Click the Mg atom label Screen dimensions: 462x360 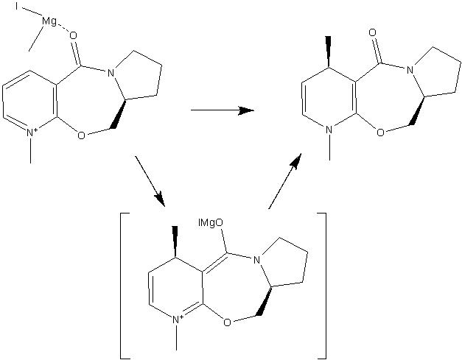coord(49,22)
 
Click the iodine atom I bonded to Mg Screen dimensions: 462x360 coord(17,7)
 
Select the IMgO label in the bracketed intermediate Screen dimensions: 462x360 coord(211,223)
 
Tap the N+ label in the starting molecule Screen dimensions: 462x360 coord(32,133)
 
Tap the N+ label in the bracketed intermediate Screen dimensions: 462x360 coord(178,319)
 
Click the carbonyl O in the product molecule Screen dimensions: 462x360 coord(373,32)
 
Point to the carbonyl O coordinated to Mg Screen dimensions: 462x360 coord(73,36)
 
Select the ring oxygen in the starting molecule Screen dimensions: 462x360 coord(81,135)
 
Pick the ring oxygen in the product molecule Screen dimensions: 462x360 coord(381,133)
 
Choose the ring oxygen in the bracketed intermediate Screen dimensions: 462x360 coord(227,322)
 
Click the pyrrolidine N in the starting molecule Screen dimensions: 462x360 coord(111,73)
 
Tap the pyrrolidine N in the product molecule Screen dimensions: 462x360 coord(410,70)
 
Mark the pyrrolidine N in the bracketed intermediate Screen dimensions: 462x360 coord(256,260)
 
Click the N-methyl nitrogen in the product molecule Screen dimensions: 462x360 coord(329,130)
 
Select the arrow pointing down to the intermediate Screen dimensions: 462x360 coord(150,182)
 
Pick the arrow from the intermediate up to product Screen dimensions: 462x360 coord(285,181)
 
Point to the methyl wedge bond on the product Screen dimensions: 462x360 coord(328,52)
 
